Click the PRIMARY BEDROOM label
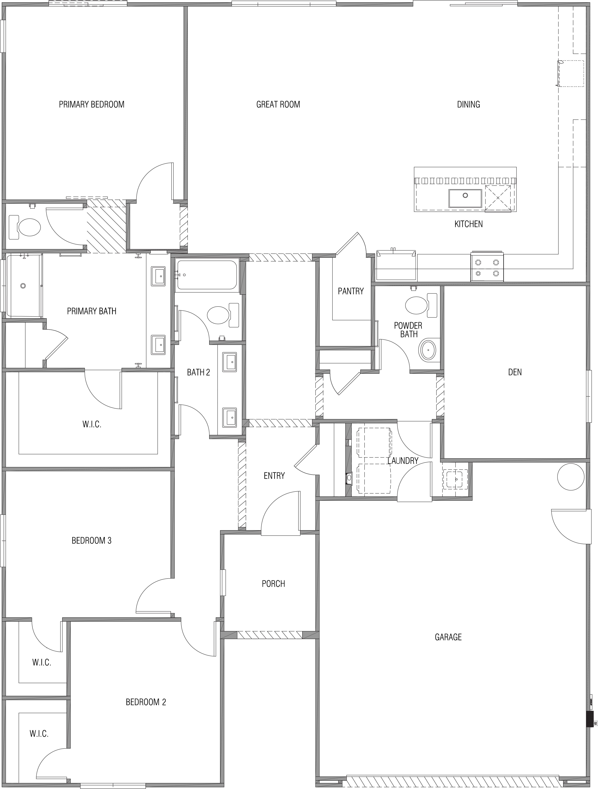pos(92,104)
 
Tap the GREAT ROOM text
pos(278,104)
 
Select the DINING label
pos(469,104)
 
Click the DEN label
pos(515,372)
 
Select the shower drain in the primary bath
pos(23,286)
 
